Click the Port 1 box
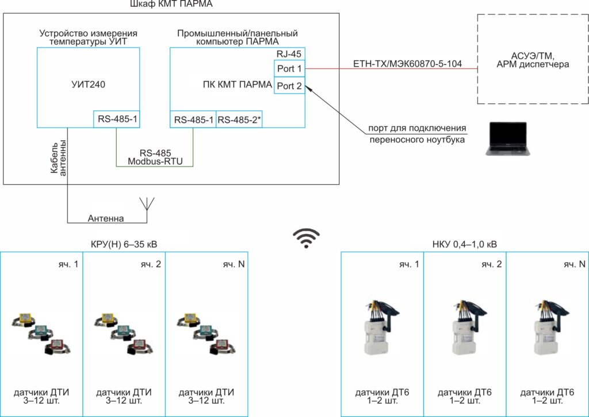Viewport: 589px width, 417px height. [x=289, y=69]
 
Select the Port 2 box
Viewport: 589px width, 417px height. [x=289, y=86]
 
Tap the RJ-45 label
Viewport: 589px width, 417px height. [x=289, y=53]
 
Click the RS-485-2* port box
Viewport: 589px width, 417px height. [x=239, y=119]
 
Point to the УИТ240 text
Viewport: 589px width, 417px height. [x=89, y=84]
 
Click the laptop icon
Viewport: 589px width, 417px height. [x=506, y=138]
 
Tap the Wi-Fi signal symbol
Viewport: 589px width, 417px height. [x=305, y=237]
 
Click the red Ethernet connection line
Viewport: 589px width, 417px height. [x=391, y=69]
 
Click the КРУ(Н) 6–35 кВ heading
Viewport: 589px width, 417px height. [x=124, y=244]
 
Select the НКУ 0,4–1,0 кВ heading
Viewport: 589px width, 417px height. [x=464, y=244]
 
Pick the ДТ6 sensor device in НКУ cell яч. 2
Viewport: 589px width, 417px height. [x=464, y=327]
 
